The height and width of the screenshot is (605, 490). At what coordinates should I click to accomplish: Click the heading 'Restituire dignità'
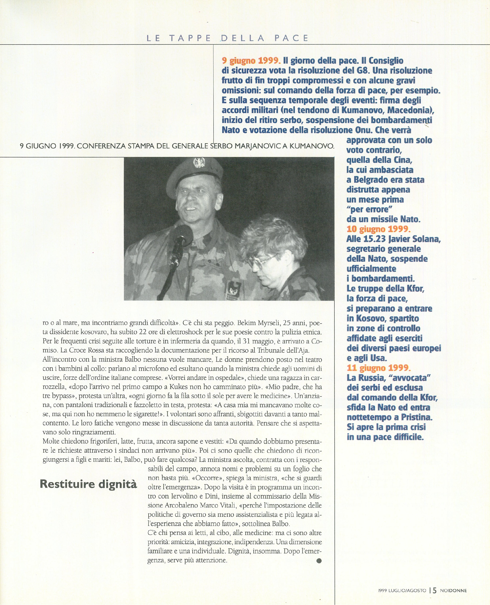pyautogui.click(x=88, y=484)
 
